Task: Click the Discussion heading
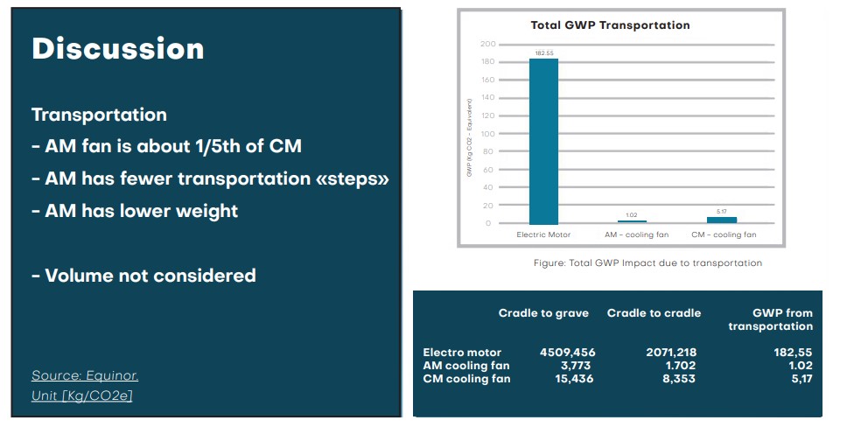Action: tap(117, 49)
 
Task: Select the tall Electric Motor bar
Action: tap(543, 140)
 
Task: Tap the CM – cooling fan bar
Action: tap(722, 220)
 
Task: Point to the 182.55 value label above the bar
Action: tap(543, 53)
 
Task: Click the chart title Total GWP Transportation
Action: tap(610, 25)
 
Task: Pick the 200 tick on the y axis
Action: tap(488, 44)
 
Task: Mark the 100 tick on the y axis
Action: tap(488, 134)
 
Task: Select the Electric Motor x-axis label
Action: tap(543, 235)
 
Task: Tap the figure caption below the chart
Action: tap(647, 262)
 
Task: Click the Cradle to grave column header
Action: tap(543, 313)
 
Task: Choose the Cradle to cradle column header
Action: tap(654, 313)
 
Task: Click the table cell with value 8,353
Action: tap(677, 379)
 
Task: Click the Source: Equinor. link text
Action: tap(85, 375)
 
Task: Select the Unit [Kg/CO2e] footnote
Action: tap(81, 395)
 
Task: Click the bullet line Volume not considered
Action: tap(143, 276)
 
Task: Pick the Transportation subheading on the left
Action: tap(99, 115)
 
